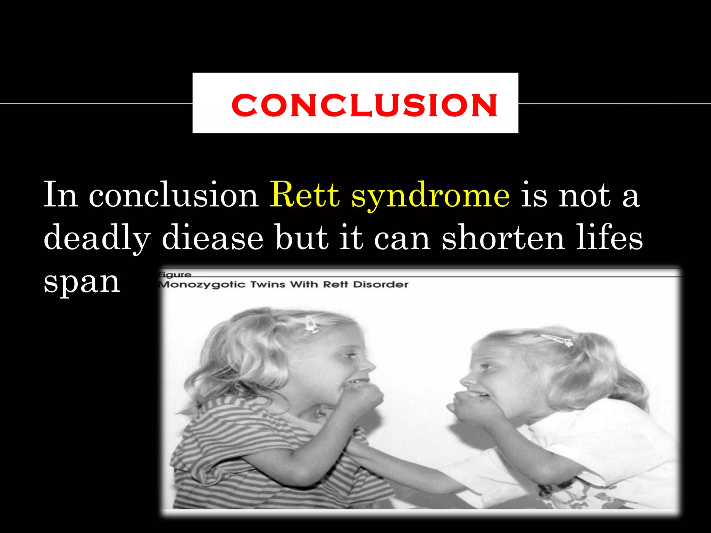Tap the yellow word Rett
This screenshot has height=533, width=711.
304,195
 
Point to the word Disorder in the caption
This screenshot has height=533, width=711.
381,285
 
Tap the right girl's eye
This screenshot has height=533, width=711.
486,366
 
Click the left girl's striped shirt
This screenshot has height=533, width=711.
243,451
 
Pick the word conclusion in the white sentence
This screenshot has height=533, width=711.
174,195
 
